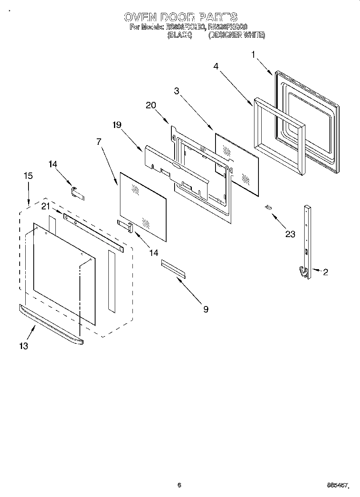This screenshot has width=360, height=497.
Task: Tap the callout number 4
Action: click(216, 67)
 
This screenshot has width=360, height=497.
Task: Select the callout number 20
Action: click(151, 105)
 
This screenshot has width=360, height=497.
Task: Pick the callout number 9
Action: click(205, 309)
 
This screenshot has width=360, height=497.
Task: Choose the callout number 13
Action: click(24, 346)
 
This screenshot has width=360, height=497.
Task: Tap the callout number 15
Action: click(28, 176)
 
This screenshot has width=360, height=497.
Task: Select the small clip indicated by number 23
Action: click(268, 207)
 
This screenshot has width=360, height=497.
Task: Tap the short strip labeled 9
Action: click(173, 268)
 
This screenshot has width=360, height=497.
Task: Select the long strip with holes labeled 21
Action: click(93, 233)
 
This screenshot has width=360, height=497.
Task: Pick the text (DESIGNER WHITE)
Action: click(237, 35)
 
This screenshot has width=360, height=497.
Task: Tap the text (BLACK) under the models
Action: click(179, 35)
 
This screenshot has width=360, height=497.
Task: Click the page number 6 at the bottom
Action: click(179, 485)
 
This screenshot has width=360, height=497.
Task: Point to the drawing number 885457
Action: click(337, 486)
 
